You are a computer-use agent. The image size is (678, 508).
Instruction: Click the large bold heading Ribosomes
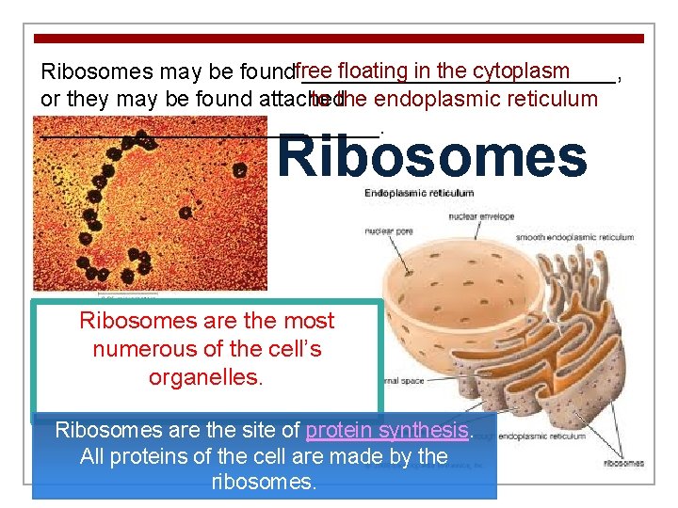(431, 156)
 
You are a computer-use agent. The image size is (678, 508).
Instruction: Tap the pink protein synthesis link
(387, 431)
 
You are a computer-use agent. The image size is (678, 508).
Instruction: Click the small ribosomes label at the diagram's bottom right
(623, 463)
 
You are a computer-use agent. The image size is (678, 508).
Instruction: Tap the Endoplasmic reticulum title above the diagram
(419, 193)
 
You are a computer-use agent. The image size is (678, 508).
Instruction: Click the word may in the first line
(179, 72)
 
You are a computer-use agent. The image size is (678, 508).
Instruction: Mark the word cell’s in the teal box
(292, 349)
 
